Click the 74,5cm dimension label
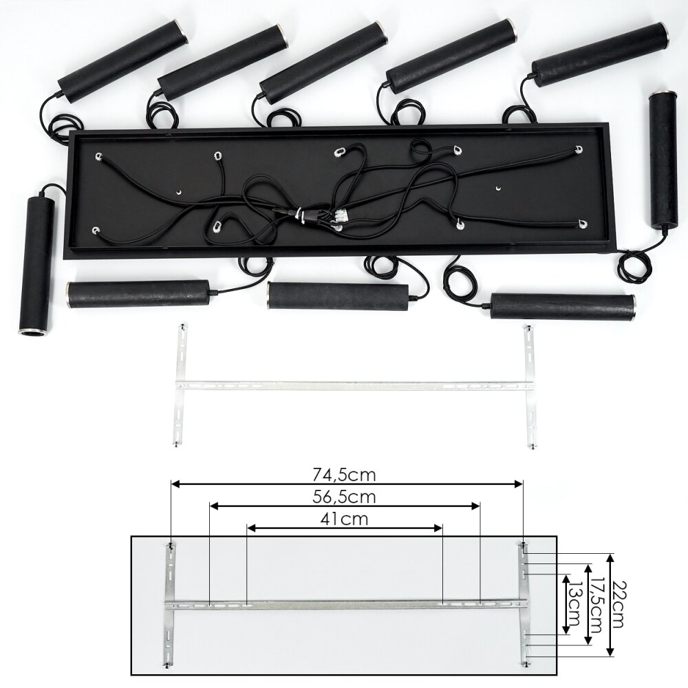click(344, 475)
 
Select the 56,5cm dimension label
click(344, 497)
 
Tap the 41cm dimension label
click(344, 519)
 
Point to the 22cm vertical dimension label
click(617, 604)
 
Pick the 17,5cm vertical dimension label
click(594, 604)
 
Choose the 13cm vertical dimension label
click(574, 605)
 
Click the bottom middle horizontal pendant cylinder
click(339, 296)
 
